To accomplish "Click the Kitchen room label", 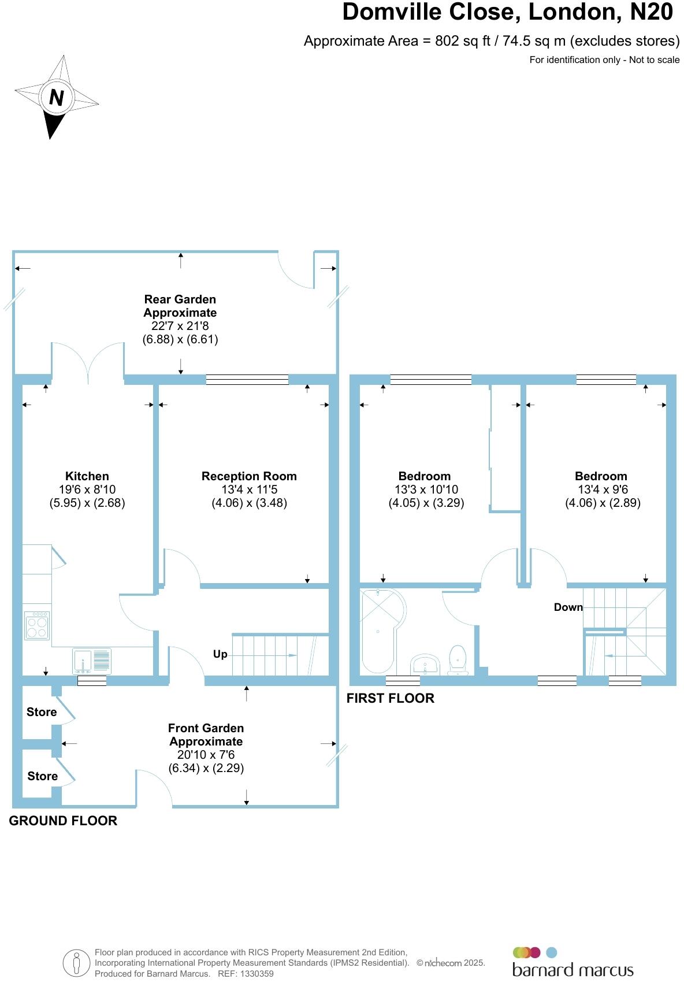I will click(x=87, y=476).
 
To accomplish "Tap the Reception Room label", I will click(x=249, y=476).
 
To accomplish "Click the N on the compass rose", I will click(x=56, y=97).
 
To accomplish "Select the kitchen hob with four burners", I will click(x=37, y=626).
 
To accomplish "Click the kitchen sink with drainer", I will click(x=92, y=661).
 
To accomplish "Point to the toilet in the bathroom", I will click(x=458, y=660).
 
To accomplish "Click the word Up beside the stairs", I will click(x=220, y=654).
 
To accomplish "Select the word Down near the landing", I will click(x=568, y=607).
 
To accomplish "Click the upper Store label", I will click(x=42, y=712).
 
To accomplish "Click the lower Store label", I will click(x=42, y=776).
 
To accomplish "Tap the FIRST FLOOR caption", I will click(x=390, y=698).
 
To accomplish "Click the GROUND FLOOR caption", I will click(x=63, y=821).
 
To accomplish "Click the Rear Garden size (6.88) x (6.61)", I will click(x=180, y=339).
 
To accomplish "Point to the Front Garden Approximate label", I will click(x=206, y=735).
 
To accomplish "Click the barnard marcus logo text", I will click(x=573, y=970).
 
